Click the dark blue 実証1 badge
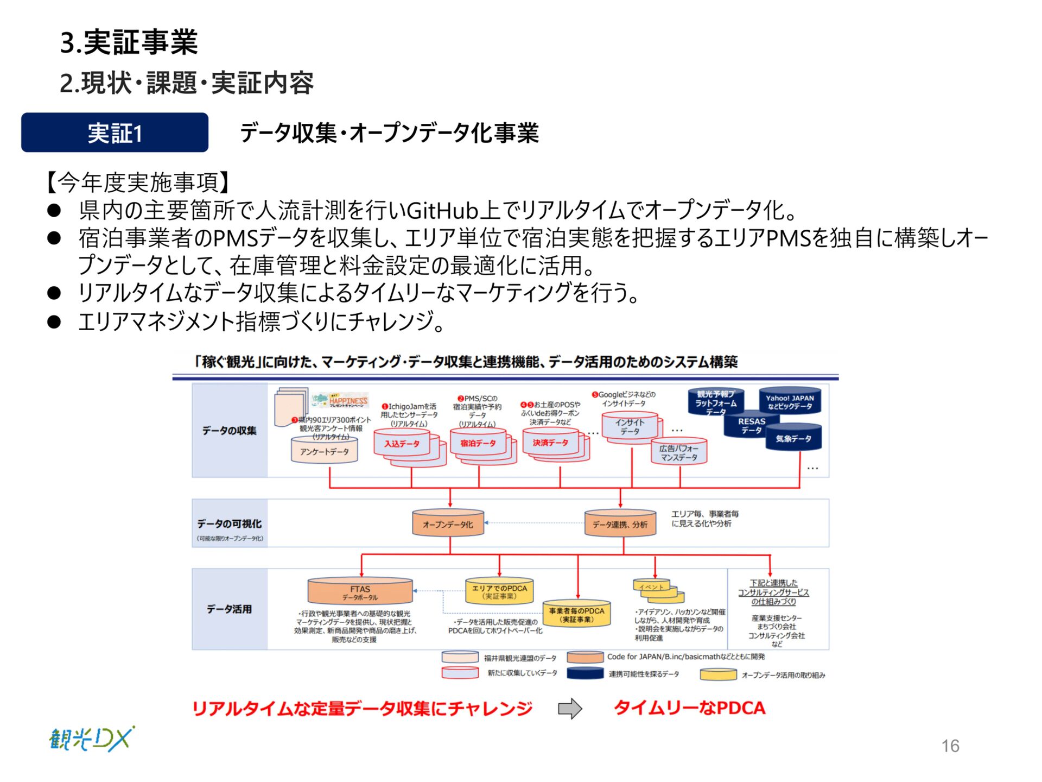point(115,133)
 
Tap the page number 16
point(950,746)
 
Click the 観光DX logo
point(91,739)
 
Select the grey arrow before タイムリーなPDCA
point(570,708)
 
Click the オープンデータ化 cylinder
point(448,524)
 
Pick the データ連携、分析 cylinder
point(620,524)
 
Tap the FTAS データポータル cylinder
point(360,592)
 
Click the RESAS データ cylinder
point(751,426)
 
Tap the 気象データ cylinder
point(793,438)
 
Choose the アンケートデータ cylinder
point(325,451)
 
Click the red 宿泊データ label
point(478,443)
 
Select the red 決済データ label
point(550,443)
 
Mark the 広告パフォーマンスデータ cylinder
point(679,453)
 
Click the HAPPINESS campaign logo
point(347,401)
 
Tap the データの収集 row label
point(230,431)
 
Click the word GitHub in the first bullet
point(442,210)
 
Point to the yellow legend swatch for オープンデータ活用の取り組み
point(718,675)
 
